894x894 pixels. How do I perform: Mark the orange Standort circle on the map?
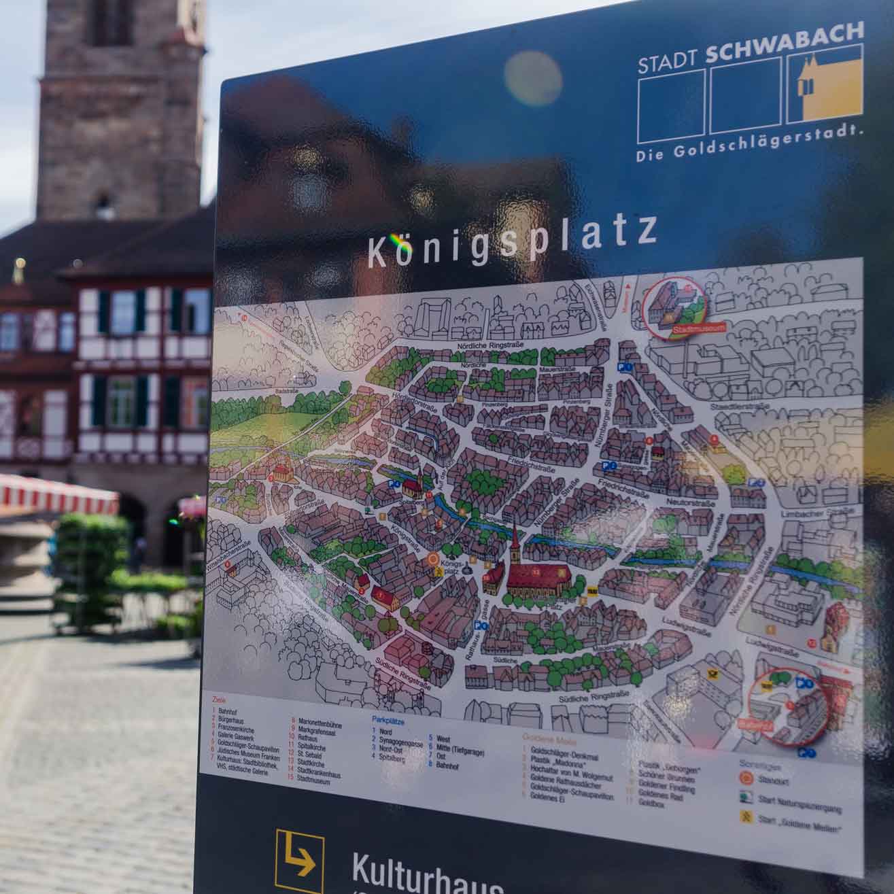click(434, 560)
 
